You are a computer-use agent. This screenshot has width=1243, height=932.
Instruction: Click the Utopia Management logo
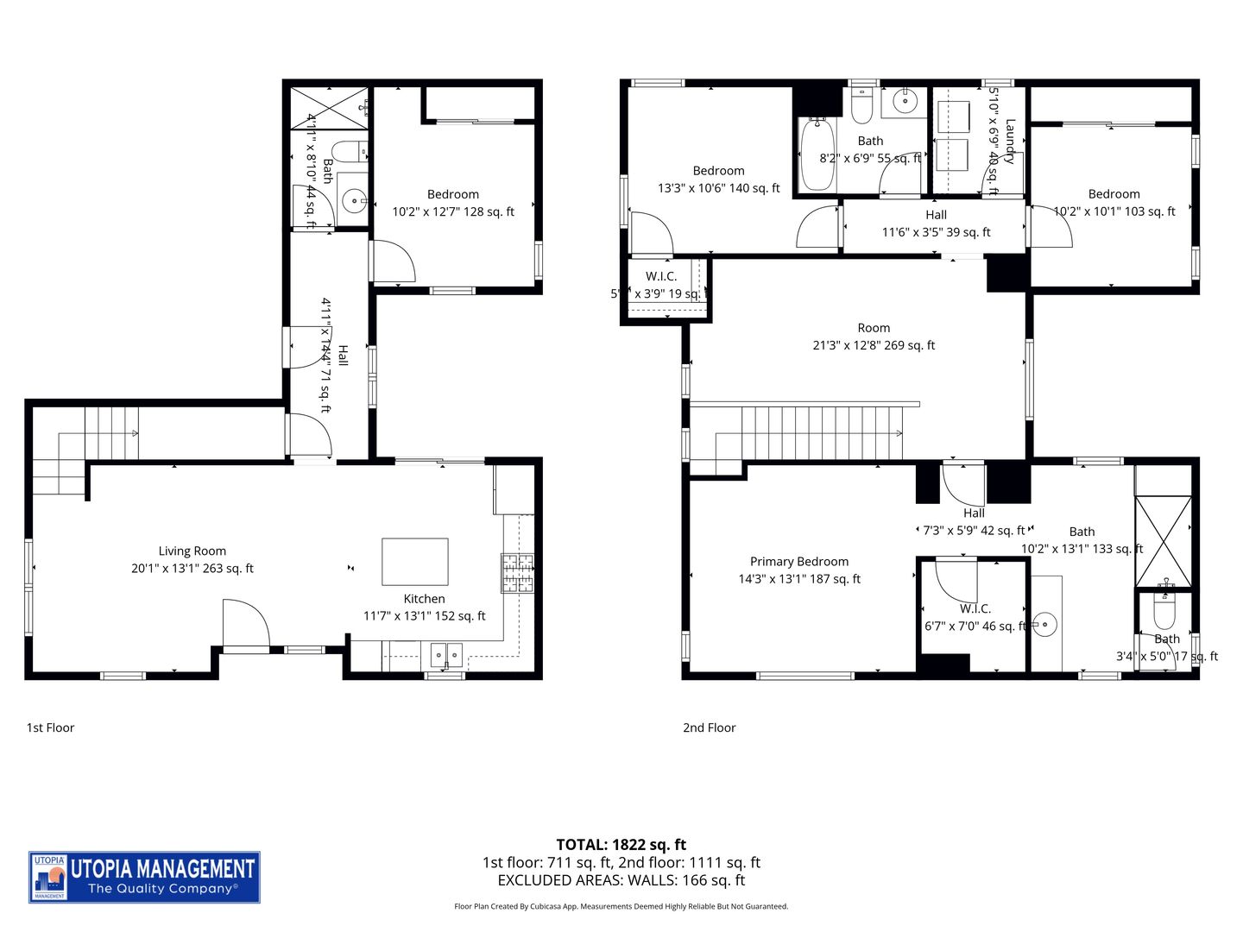click(x=144, y=877)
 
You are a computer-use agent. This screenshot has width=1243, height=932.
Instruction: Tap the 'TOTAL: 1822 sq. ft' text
click(x=621, y=845)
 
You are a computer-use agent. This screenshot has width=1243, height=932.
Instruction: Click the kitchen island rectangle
click(x=415, y=562)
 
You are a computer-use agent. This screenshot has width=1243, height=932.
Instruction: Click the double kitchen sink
click(x=446, y=655)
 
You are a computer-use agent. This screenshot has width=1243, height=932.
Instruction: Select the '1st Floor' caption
click(x=50, y=727)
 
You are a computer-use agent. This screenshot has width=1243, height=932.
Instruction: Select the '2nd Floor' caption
click(x=709, y=727)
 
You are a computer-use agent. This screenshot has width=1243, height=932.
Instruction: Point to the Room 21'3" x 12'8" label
click(x=874, y=337)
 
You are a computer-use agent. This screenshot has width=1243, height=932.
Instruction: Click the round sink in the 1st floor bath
click(x=354, y=201)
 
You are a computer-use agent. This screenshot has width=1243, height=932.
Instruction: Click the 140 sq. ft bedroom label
click(x=718, y=179)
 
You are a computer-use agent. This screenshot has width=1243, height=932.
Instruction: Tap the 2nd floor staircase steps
click(x=820, y=433)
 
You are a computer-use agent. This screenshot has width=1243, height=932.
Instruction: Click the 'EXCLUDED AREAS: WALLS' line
click(x=621, y=880)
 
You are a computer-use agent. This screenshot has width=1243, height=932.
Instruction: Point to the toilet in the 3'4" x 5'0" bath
click(x=1164, y=612)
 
